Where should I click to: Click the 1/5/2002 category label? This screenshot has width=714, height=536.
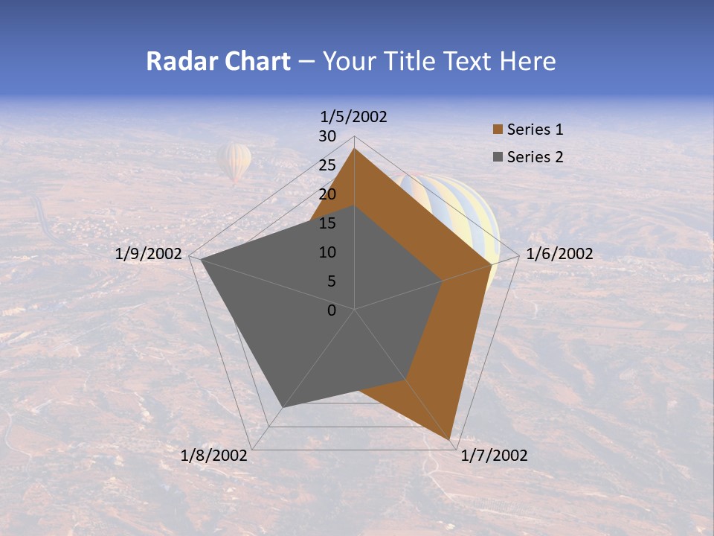coord(354,117)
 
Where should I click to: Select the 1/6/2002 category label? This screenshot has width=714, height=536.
coord(559,254)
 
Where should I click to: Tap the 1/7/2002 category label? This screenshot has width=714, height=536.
coord(494,456)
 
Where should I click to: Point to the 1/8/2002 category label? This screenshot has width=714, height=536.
coord(214,456)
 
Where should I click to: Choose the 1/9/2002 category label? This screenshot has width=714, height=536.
coord(149,254)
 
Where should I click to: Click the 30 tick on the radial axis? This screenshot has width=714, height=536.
coord(327,136)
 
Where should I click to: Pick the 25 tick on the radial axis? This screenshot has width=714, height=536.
coord(327,165)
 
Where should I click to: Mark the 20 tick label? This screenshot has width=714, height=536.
coord(327,194)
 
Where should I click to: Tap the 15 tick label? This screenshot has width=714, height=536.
coord(327,223)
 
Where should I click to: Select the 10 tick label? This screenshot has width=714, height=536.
coord(327,252)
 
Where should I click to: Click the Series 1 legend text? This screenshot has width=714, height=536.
coord(535,130)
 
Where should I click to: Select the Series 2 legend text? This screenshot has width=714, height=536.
coord(535,157)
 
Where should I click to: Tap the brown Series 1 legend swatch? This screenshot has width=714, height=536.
coord(498,130)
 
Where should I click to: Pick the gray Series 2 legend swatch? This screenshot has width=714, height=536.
coord(498,157)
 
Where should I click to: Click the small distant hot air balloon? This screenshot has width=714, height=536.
coord(234,162)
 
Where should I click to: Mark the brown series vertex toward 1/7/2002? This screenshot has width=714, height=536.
coord(451,441)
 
